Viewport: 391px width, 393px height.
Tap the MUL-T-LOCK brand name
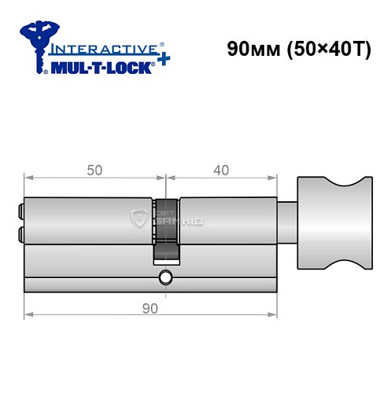(101, 66)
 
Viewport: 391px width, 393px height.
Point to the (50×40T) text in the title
(323, 47)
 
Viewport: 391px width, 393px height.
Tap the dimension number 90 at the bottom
(151, 308)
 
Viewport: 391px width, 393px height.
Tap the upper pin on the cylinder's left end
(20, 211)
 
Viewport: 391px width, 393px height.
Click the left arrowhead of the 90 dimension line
(28, 316)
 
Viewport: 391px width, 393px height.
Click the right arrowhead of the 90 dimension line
(275, 316)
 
